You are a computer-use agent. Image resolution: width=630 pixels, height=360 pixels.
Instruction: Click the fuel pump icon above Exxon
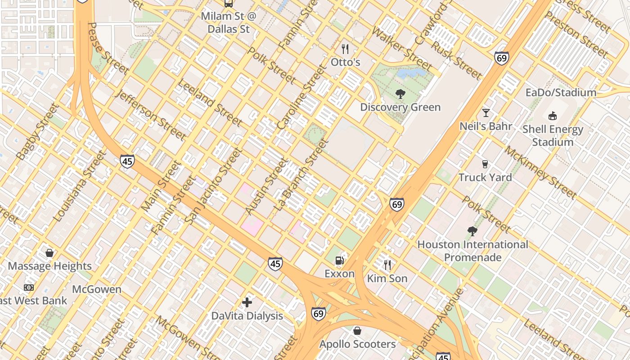[x=340, y=260]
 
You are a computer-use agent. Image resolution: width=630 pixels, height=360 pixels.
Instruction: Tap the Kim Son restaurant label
[x=387, y=279]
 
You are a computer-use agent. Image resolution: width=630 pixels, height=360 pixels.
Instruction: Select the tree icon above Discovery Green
[x=400, y=94]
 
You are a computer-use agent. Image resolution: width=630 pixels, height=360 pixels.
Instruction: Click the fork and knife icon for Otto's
[x=345, y=49]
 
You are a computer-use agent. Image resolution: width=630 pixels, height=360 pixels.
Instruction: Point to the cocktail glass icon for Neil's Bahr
[x=486, y=112]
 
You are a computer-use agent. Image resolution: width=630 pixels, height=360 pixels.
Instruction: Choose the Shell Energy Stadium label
[x=553, y=136]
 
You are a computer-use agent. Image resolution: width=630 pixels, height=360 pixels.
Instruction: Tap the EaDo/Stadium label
[x=561, y=93]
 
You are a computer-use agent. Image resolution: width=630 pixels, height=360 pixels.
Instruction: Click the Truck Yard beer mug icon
[x=485, y=164]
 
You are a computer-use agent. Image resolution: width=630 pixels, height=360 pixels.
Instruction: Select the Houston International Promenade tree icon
[x=472, y=231]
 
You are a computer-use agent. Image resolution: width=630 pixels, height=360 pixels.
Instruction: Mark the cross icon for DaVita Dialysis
[x=247, y=302]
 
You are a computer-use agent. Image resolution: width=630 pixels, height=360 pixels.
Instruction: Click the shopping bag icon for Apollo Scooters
[x=357, y=331]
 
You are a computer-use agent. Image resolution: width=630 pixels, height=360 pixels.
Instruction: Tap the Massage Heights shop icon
[x=49, y=253]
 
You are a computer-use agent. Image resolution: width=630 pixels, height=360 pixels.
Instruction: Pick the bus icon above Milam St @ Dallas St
[x=229, y=4]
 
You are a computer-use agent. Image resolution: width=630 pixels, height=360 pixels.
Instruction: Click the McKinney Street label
[x=540, y=172]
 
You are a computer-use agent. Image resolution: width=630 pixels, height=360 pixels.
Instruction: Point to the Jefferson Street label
[x=149, y=115]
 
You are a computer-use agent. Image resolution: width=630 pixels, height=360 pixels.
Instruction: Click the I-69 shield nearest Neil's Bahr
[x=501, y=58]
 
